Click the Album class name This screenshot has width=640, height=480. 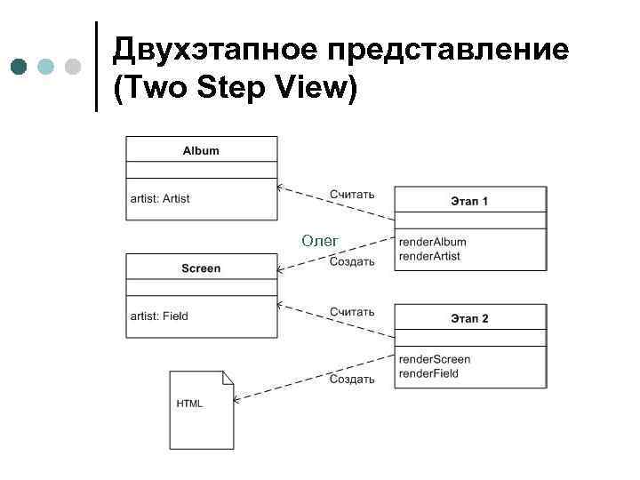tap(201, 150)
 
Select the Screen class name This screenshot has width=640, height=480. tap(201, 268)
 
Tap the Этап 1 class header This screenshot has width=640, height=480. tap(469, 201)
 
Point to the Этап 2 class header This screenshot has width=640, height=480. tap(469, 318)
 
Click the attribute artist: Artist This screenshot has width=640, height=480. tap(161, 198)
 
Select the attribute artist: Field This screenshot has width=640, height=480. tap(160, 316)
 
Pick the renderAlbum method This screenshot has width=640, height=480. tap(433, 242)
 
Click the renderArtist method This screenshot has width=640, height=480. tap(430, 256)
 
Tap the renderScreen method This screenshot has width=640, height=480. tap(435, 359)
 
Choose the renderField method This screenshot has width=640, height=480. tap(429, 373)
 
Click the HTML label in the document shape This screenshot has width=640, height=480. tap(189, 403)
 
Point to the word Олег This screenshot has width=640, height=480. tap(319, 240)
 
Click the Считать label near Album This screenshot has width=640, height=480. tap(352, 194)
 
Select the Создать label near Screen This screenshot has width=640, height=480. tap(352, 261)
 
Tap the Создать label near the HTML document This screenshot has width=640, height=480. tap(352, 379)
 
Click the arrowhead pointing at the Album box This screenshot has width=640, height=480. tap(280, 188)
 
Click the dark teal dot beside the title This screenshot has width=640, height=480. tap(20, 67)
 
